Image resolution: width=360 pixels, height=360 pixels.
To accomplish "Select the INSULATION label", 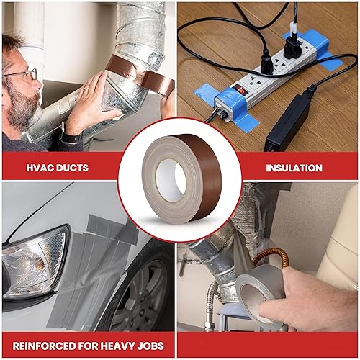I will (x=293, y=168).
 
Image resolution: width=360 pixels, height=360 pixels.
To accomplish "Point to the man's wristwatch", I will (x=70, y=137).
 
